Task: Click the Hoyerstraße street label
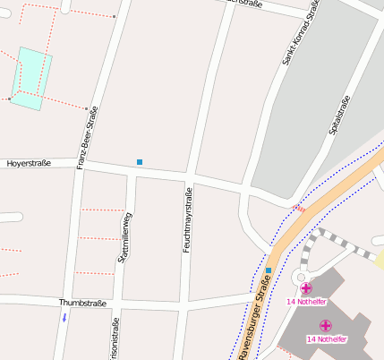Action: pos(29,164)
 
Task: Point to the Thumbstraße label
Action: pos(82,304)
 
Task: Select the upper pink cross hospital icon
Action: pos(306,288)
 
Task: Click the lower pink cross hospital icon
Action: pos(326,326)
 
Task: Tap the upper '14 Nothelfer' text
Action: pos(304,302)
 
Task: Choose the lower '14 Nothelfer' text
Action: pos(326,339)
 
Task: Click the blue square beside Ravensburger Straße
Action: pos(268,270)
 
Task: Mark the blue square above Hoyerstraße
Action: pos(140,162)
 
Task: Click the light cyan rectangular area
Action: pos(31,77)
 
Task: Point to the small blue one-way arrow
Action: pos(64,317)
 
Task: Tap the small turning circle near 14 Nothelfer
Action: pos(298,278)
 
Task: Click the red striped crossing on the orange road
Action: pos(300,208)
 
